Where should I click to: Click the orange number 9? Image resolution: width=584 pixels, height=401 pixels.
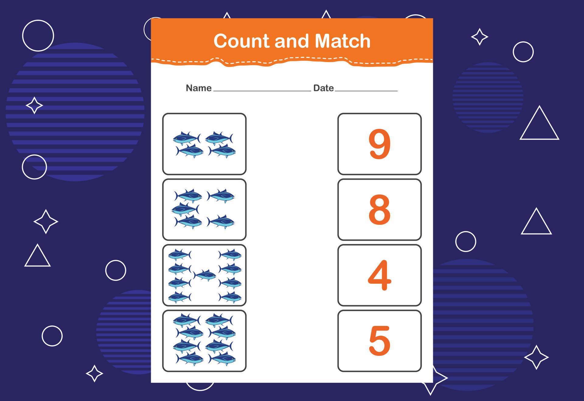tap(379, 144)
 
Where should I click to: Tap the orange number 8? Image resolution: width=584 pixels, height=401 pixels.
tap(379, 210)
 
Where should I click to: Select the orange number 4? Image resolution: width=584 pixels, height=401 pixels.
tap(379, 275)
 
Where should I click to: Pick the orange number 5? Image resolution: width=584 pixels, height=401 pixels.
tap(379, 341)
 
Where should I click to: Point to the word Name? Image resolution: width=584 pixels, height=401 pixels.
tap(199, 88)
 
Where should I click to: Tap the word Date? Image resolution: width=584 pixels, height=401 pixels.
tap(323, 88)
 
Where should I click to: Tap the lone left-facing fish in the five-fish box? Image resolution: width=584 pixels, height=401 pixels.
tap(185, 209)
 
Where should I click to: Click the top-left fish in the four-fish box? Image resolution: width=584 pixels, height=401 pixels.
tap(187, 139)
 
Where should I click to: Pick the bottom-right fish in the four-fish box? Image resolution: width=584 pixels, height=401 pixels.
tap(222, 151)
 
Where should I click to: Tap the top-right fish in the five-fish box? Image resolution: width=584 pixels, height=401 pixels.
tap(221, 196)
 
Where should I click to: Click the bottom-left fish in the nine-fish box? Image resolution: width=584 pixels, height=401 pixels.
tap(179, 297)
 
